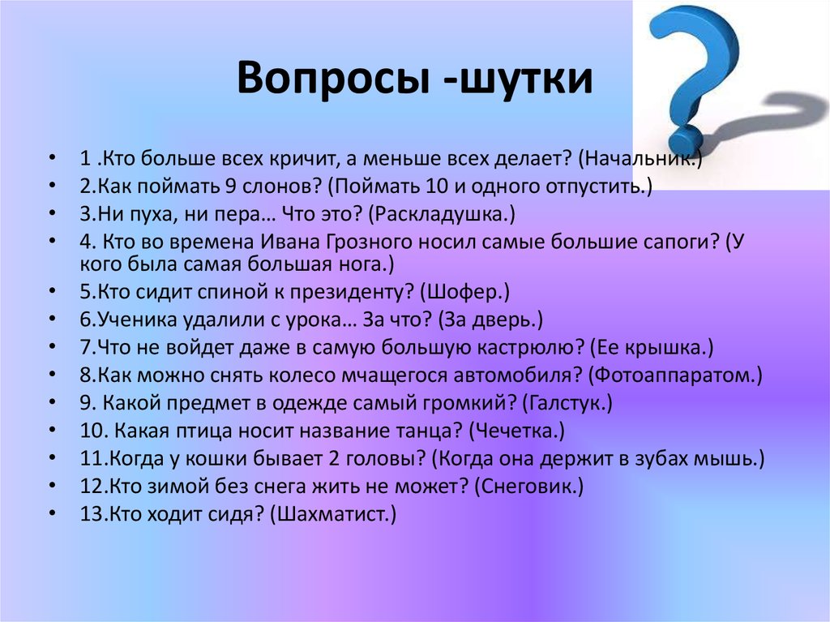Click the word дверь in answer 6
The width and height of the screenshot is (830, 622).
pos(507,320)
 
